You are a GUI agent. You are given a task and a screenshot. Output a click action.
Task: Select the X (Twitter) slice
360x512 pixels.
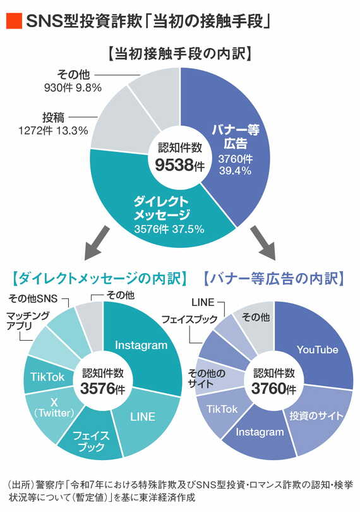point(53,408)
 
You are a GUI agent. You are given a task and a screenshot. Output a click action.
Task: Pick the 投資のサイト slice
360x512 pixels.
point(316,415)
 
